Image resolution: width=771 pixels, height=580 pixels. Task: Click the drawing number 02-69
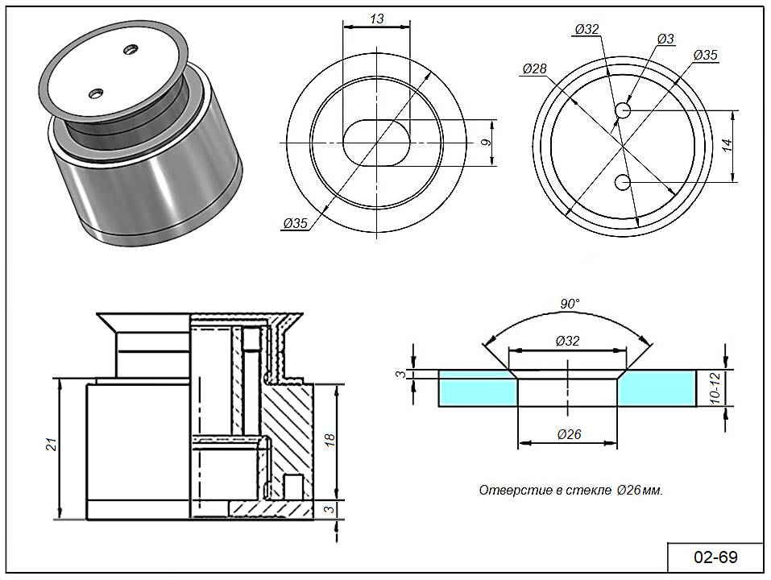coord(715,557)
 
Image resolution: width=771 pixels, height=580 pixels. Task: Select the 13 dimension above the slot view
coord(377,19)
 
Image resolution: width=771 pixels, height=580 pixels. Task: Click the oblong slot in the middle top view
coord(376,143)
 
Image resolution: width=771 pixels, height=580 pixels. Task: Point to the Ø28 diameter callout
coord(534,69)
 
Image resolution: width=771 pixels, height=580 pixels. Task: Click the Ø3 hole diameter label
coord(665,39)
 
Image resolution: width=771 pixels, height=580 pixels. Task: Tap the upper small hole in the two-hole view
coord(623,110)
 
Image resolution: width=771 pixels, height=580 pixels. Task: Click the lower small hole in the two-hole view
coord(622,183)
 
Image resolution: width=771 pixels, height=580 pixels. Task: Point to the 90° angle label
coord(570,304)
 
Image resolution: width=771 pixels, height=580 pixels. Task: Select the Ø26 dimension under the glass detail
coord(569,435)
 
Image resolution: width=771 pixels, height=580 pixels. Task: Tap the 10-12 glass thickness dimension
coord(714,388)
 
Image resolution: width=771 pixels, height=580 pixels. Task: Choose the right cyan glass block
coord(658,389)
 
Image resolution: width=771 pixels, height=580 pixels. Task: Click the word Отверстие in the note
coord(506,491)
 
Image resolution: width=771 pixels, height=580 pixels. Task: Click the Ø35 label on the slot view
coord(296,223)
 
